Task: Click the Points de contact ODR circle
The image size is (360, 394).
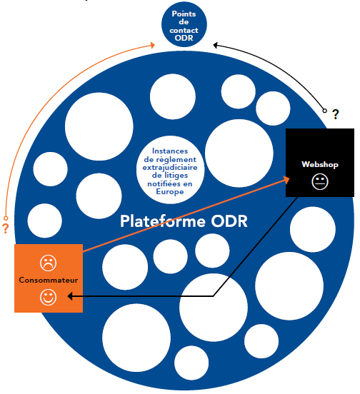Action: (x=184, y=24)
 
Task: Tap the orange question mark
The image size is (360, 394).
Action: (x=5, y=228)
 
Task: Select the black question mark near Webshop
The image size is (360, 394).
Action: (x=336, y=114)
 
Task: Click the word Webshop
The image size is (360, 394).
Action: (x=320, y=164)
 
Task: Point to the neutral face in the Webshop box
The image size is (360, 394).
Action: (x=320, y=182)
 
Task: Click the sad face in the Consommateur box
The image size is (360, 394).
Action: (x=48, y=263)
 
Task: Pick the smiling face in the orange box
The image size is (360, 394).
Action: (x=48, y=298)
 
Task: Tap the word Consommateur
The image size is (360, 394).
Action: (x=49, y=280)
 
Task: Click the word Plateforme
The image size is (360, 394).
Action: (x=163, y=221)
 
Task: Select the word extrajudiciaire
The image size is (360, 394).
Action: (x=170, y=168)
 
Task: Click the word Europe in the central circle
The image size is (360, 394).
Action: (x=170, y=192)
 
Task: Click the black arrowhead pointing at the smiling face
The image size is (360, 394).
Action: (x=71, y=296)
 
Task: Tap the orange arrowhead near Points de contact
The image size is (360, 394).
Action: (x=151, y=45)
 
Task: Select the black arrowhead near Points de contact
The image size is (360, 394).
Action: (x=216, y=45)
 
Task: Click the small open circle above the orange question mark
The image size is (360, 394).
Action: (x=6, y=218)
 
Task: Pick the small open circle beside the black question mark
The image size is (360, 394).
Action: (x=324, y=111)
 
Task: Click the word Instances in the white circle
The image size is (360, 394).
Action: (x=170, y=151)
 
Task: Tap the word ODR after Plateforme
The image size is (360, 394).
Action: (x=229, y=221)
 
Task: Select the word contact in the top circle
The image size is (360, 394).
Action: (x=184, y=31)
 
